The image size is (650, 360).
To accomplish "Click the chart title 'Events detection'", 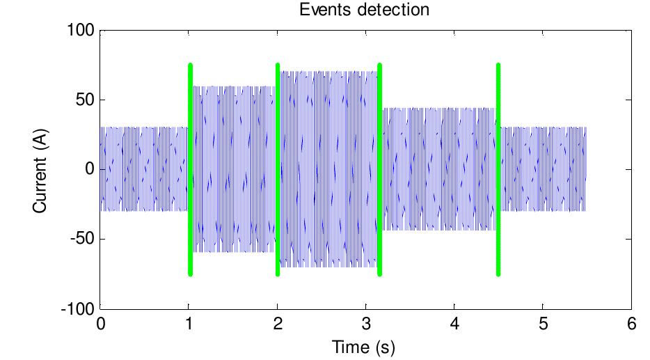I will point(365,10).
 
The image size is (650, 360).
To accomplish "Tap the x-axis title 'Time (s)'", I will point(365,346).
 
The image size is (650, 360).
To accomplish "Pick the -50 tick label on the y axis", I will point(82,239).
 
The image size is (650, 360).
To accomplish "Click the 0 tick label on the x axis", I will point(101,324).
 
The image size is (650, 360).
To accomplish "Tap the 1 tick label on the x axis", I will point(189,324).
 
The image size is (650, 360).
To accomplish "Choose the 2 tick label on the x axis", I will point(278,324).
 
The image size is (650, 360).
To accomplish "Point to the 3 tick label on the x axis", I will point(366,324).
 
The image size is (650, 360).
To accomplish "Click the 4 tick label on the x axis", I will point(454,324).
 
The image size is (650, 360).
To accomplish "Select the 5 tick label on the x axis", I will point(543,324).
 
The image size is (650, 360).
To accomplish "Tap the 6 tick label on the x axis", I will point(631,324).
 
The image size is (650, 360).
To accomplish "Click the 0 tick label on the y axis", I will point(89,169).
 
